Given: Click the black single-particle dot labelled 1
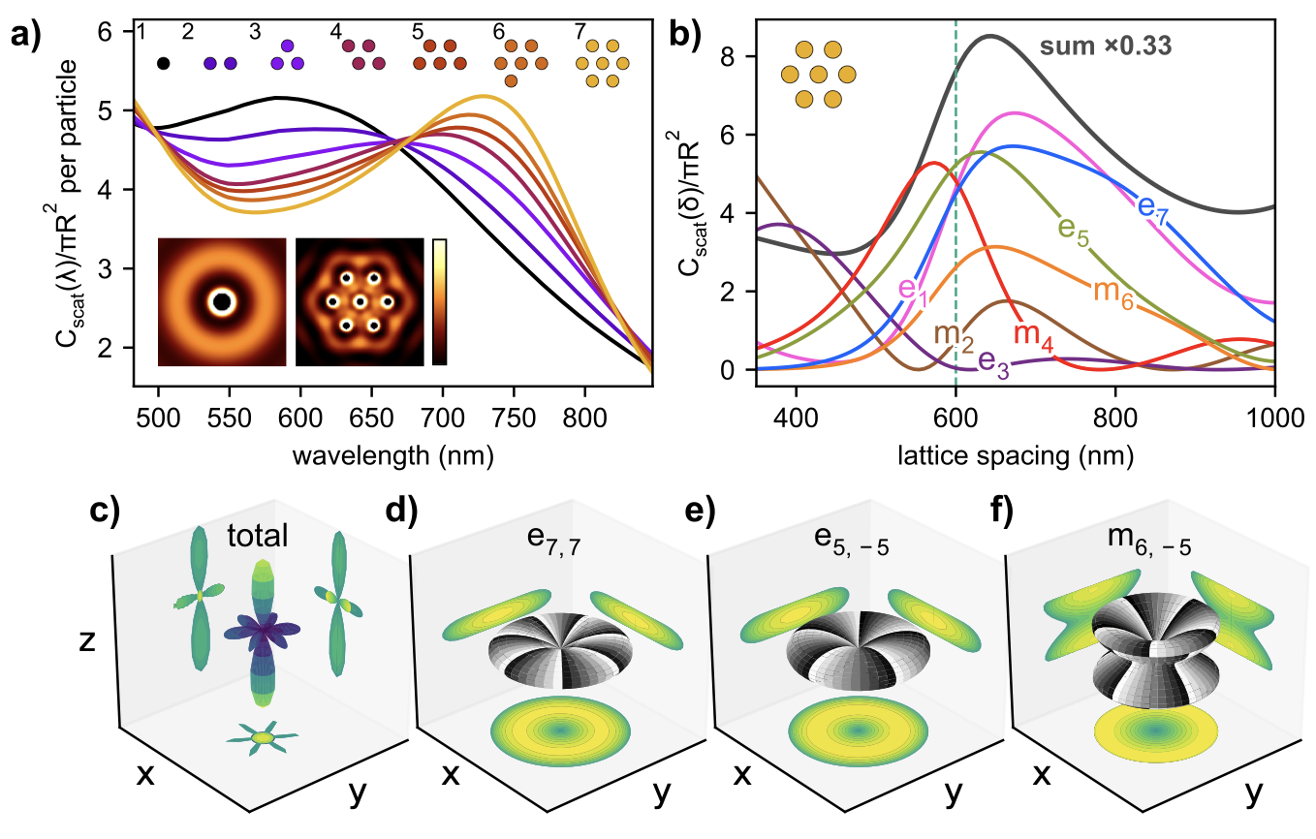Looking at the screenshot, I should pos(163,64).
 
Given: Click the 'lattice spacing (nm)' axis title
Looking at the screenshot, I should pos(1015,452).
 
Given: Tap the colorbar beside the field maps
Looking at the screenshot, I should pos(439,301).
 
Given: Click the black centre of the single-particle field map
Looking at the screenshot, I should pos(222,302).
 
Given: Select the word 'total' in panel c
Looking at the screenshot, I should pos(259,536).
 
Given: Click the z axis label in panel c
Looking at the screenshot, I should pos(86,641).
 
